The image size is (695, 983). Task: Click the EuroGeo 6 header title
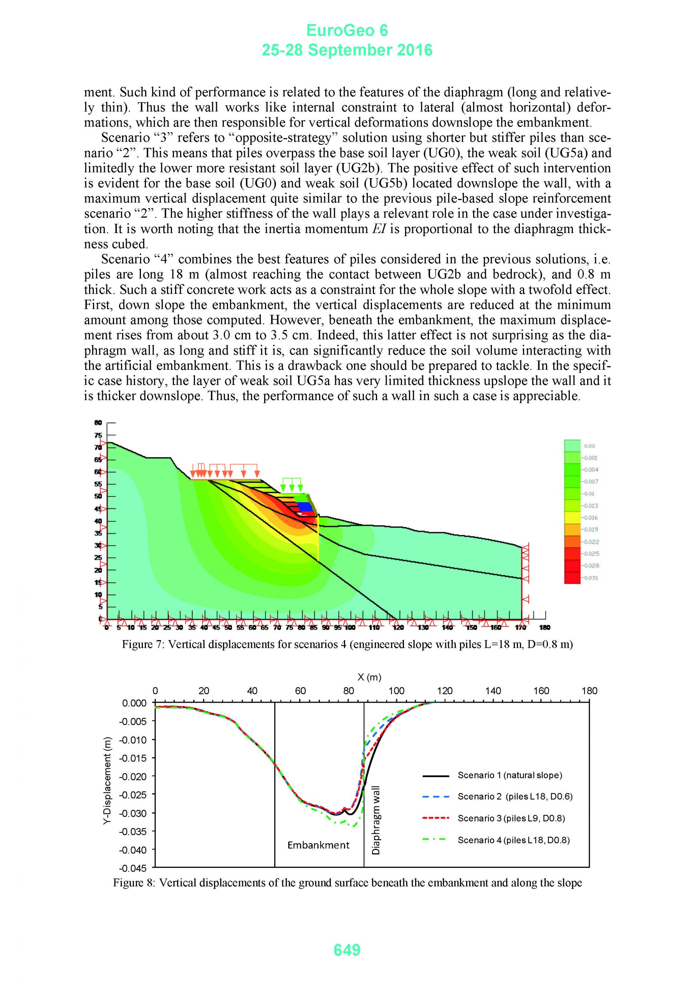pos(347,30)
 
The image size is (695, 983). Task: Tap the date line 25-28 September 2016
pos(347,51)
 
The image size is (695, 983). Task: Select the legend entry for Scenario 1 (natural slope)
pos(510,775)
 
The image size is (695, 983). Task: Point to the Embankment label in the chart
pos(318,845)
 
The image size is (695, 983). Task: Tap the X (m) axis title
pos(369,677)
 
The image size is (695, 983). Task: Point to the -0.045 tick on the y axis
pos(134,868)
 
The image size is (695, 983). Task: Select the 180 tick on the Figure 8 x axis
pos(589,690)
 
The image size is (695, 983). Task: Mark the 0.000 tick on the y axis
pos(134,703)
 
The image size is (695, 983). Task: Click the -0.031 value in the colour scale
pos(592,578)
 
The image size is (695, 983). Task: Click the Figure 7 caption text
pos(347,644)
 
